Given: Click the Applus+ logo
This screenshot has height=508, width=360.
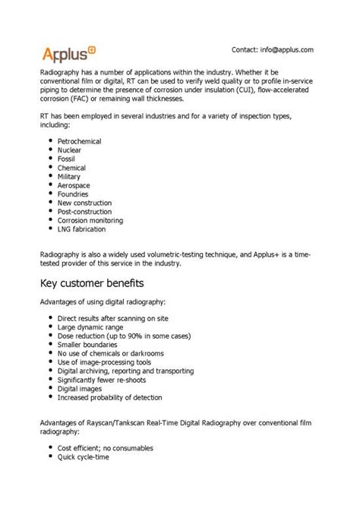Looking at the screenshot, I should pyautogui.click(x=68, y=52).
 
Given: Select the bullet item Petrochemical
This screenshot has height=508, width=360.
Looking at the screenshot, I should pyautogui.click(x=80, y=141).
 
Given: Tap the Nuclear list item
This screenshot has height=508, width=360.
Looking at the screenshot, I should pyautogui.click(x=70, y=150).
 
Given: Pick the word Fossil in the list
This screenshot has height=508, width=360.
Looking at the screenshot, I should pyautogui.click(x=68, y=159).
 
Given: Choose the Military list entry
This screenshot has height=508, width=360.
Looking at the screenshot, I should pyautogui.click(x=70, y=177).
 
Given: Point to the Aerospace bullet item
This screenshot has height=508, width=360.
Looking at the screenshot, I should pyautogui.click(x=74, y=185).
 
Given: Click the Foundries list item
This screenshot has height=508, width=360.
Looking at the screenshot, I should pyautogui.click(x=73, y=194).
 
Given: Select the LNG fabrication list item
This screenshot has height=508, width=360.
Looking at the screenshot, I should pyautogui.click(x=81, y=229).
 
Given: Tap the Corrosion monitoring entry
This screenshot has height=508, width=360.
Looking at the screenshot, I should pyautogui.click(x=90, y=220).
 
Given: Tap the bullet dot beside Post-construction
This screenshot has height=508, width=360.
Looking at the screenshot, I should pyautogui.click(x=49, y=212).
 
